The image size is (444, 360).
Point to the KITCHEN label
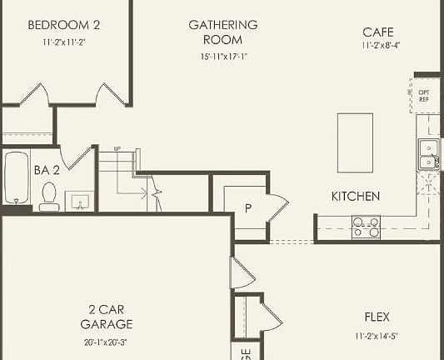(356, 197)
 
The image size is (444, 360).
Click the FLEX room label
(377, 317)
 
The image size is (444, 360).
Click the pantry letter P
(247, 207)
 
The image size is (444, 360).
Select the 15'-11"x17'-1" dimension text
(223, 57)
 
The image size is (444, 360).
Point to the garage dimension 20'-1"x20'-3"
(106, 342)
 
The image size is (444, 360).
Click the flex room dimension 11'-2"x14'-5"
(377, 337)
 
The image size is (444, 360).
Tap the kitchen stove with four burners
(366, 227)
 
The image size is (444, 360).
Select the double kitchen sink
(429, 155)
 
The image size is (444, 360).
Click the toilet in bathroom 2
(49, 195)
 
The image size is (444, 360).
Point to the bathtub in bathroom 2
(16, 180)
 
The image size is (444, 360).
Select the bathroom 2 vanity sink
(81, 201)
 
